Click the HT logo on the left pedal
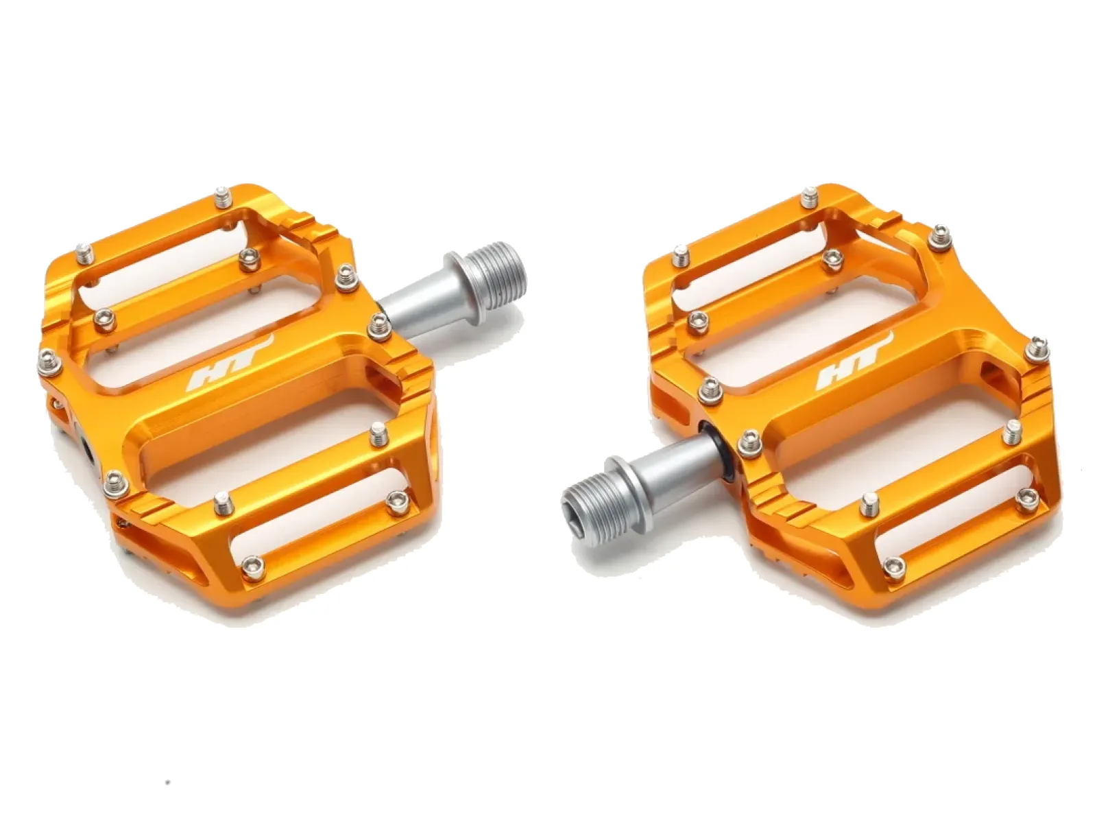[x=230, y=361]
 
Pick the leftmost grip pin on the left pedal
[x=49, y=361]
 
